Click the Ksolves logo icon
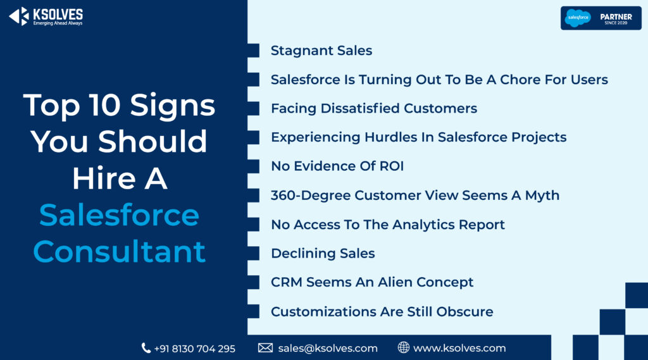(19, 16)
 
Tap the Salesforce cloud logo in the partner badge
(578, 18)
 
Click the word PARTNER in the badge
(616, 17)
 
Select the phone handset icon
(146, 348)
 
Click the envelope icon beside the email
(265, 348)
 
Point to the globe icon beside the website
(403, 347)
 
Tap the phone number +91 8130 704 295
(195, 349)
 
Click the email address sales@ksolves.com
(328, 349)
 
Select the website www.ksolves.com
(459, 349)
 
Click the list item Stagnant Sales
(321, 51)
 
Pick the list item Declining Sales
(323, 253)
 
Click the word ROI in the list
(391, 166)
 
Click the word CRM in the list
(287, 282)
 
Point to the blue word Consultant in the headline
(119, 251)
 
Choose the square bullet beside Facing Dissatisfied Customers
(253, 108)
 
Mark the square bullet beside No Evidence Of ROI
(253, 166)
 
